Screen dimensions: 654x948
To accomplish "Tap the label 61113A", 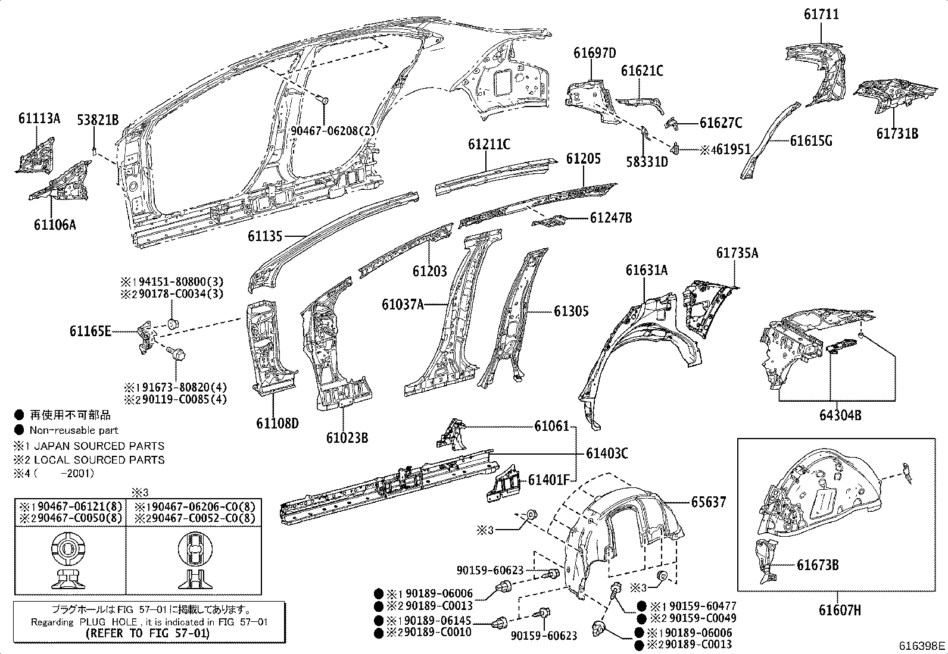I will [39, 118].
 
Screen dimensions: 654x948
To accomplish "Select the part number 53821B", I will [98, 120].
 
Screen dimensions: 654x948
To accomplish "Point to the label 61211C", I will [489, 145].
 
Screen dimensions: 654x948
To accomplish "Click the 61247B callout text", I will [611, 218].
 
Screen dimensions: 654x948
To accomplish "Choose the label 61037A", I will [403, 305].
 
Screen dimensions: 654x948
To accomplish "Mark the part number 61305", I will [571, 311].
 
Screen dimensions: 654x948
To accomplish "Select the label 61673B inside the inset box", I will [818, 565].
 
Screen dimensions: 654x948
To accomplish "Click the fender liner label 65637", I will [709, 502].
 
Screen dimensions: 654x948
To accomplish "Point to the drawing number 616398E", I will [922, 645].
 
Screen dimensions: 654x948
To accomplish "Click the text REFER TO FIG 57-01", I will [148, 633].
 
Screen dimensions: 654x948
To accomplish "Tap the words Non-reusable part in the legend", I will [74, 430].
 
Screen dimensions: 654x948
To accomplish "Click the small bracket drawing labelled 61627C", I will [672, 123].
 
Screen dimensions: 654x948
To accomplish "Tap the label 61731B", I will [897, 133].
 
